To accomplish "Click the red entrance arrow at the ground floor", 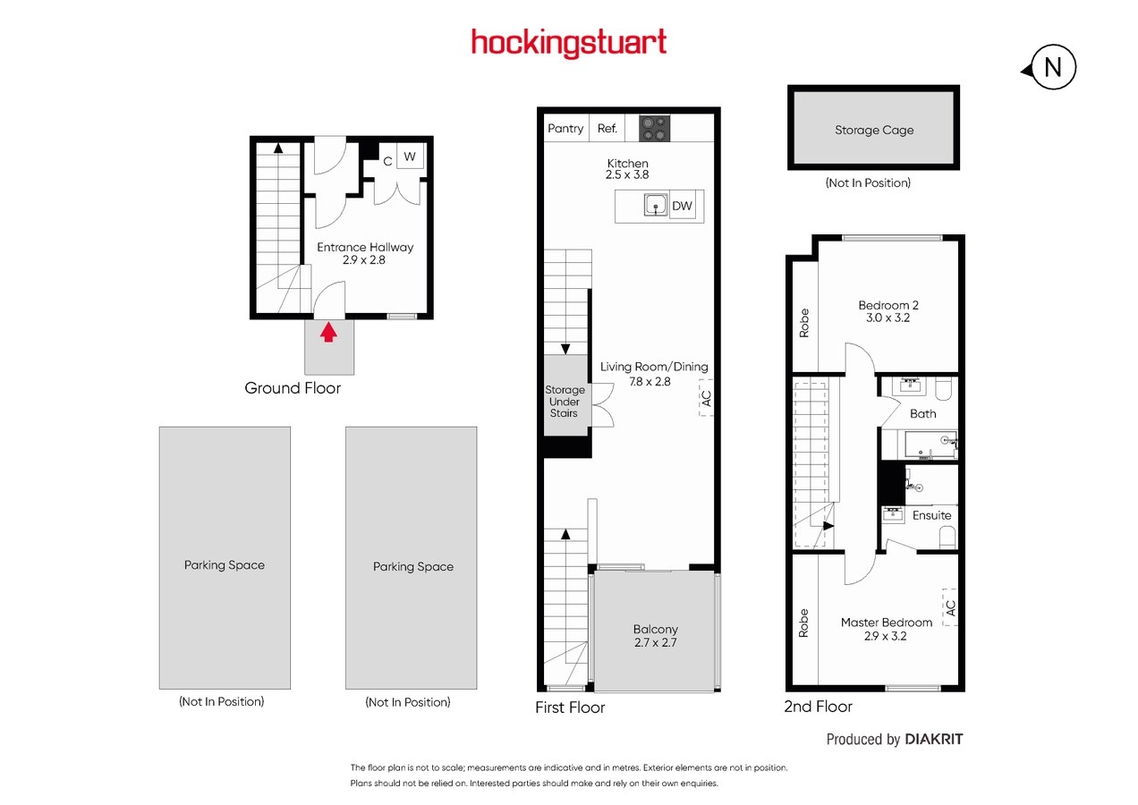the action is tap(328, 332).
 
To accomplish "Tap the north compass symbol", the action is tap(1049, 67).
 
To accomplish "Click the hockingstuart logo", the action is tap(568, 43).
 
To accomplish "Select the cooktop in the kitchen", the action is tap(654, 129).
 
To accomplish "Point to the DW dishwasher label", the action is tap(682, 206).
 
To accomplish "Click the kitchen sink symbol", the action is tap(656, 205).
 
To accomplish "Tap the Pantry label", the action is tap(565, 129).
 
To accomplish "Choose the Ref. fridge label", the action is tap(607, 129).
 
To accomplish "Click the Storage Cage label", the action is tap(874, 130).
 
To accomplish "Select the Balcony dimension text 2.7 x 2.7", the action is tap(656, 642).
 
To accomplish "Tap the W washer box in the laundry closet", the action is tap(410, 157).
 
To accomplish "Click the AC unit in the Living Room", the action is tap(706, 398).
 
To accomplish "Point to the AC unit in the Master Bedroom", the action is tap(950, 607).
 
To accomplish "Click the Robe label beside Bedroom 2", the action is tap(804, 323).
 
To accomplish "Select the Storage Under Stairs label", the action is tap(565, 402).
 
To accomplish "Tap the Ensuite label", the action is tap(931, 515).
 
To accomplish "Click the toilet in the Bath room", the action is tap(944, 388).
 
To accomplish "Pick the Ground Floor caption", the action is tap(293, 388).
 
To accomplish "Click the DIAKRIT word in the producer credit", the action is tap(934, 739).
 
